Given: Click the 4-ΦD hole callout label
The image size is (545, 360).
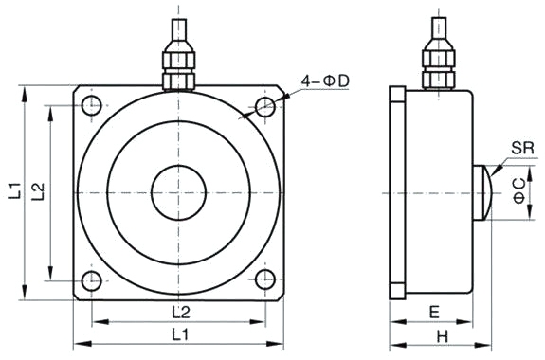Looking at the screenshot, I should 324,83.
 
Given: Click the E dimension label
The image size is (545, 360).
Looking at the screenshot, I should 433,312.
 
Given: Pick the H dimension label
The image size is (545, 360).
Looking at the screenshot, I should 441,336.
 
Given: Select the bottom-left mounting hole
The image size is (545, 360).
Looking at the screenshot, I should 91,280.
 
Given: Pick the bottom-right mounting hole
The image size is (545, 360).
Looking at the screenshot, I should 266,280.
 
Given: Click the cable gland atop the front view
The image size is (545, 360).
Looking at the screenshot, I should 178,64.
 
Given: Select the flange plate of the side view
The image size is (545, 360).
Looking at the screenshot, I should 398,191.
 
